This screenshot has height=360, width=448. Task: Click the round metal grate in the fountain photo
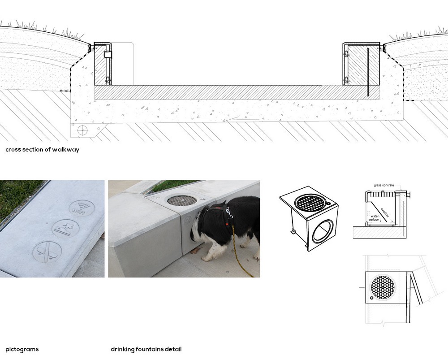pos(181,200)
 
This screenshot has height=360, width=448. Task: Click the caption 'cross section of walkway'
pos(43,150)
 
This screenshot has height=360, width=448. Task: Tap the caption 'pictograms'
pos(22,349)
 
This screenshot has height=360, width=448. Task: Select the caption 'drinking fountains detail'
pos(146,349)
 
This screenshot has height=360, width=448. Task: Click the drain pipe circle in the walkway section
pos(82,130)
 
